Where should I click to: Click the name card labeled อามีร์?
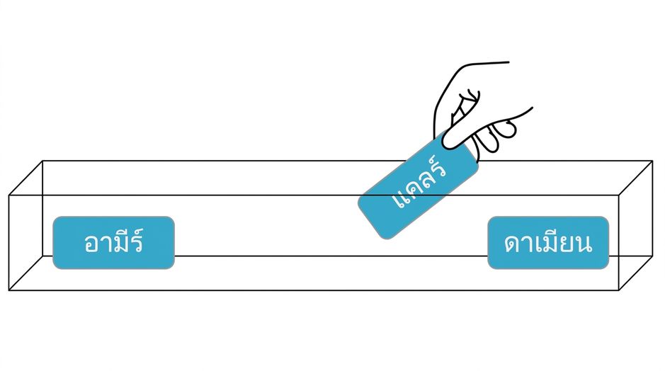pyautogui.click(x=113, y=243)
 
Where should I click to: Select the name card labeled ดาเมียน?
pyautogui.click(x=548, y=243)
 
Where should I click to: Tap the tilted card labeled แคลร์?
pyautogui.click(x=418, y=185)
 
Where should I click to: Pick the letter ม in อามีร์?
pyautogui.click(x=122, y=244)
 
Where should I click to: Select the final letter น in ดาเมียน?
pyautogui.click(x=583, y=244)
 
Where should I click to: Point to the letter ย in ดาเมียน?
pyautogui.click(x=565, y=244)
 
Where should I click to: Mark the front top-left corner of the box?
pyautogui.click(x=9, y=195)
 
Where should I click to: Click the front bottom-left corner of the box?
pyautogui.click(x=9, y=290)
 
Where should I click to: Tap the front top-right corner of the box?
pyautogui.click(x=619, y=195)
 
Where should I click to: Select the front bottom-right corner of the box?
pyautogui.click(x=619, y=290)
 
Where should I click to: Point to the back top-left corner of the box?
pyautogui.click(x=42, y=161)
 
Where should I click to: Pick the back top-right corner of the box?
pyautogui.click(x=653, y=161)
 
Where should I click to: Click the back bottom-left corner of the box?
pyautogui.click(x=42, y=256)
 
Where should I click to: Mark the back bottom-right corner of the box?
pyautogui.click(x=653, y=256)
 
